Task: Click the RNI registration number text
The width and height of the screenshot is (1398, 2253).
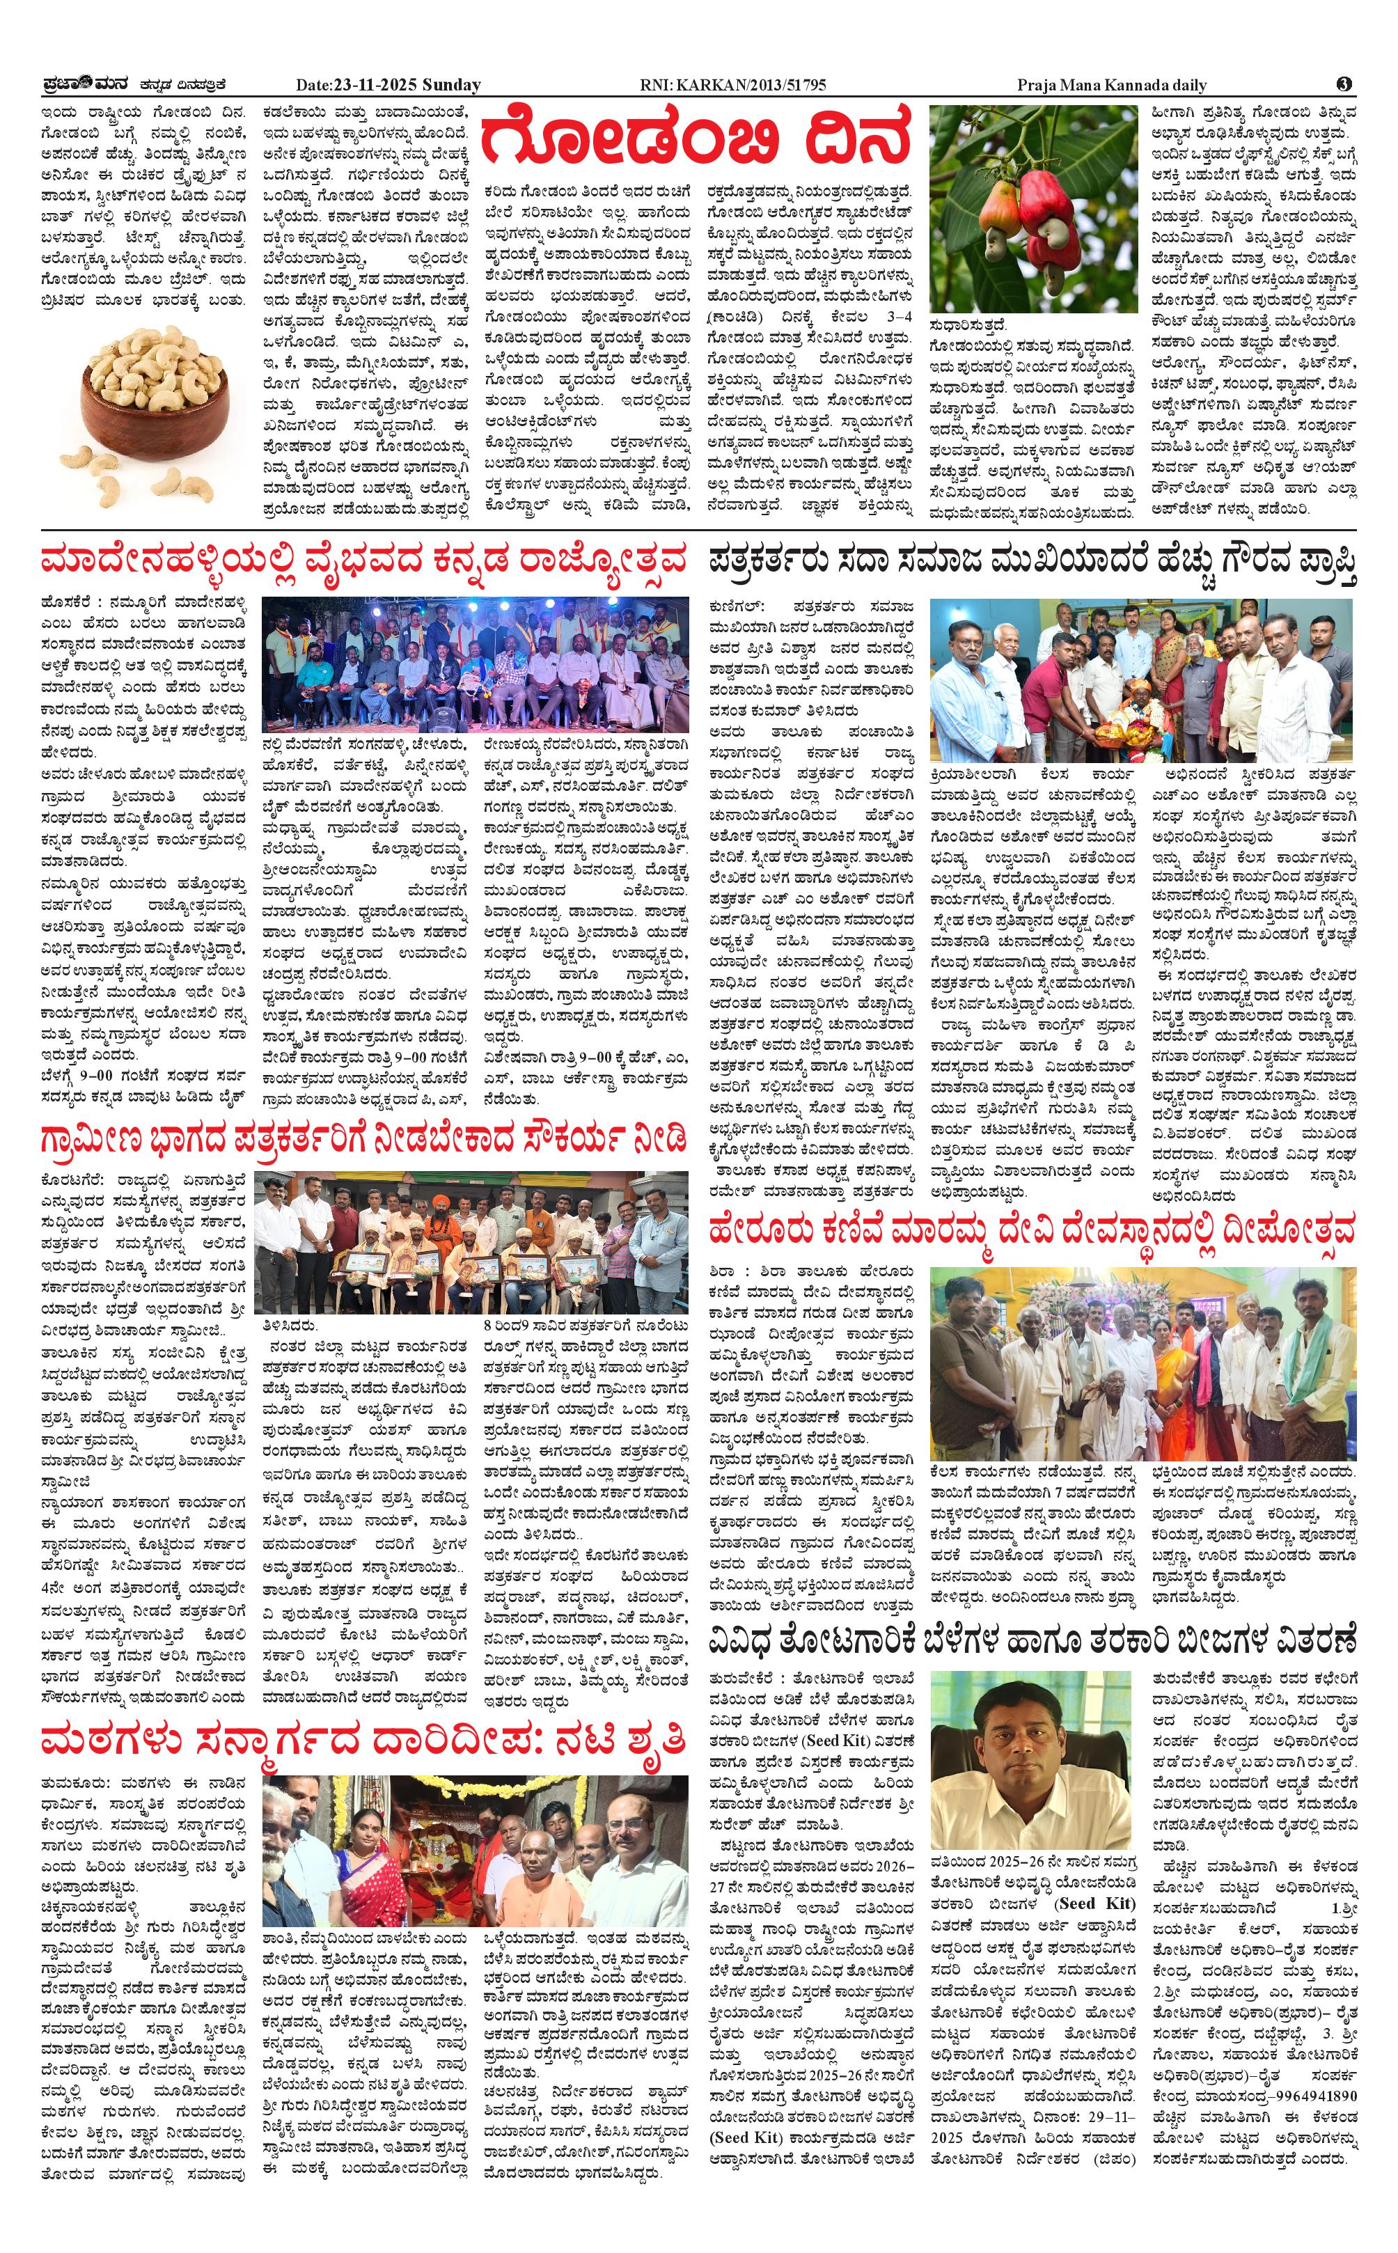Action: (x=732, y=85)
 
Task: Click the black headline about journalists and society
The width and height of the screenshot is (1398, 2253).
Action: (x=1032, y=562)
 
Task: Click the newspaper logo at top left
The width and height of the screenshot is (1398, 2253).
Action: (x=88, y=84)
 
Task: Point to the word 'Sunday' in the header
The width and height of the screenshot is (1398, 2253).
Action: (x=452, y=85)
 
